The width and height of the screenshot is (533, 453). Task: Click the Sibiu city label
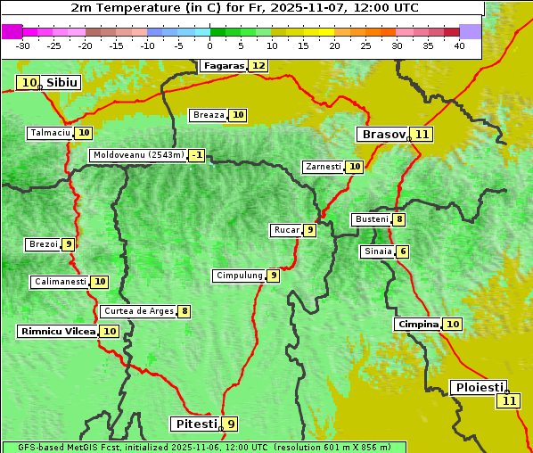pyautogui.click(x=62, y=83)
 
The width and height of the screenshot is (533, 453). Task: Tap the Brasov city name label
pyautogui.click(x=382, y=135)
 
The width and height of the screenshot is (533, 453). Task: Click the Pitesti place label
pyautogui.click(x=194, y=424)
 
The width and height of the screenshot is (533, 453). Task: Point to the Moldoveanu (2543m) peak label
pyautogui.click(x=138, y=155)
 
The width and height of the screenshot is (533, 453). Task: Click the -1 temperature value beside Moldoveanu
pyautogui.click(x=196, y=155)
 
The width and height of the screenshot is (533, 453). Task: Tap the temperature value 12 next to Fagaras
pyautogui.click(x=258, y=65)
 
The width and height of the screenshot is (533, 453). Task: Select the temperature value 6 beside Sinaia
pyautogui.click(x=403, y=251)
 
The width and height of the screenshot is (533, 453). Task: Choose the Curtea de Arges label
pyautogui.click(x=137, y=311)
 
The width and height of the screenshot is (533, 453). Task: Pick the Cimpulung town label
pyautogui.click(x=239, y=276)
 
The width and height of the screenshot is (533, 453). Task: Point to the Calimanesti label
pyautogui.click(x=60, y=282)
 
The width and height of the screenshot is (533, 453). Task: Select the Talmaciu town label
pyautogui.click(x=50, y=133)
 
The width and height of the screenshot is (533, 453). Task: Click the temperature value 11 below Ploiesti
pyautogui.click(x=508, y=401)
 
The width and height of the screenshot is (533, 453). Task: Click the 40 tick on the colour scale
pyautogui.click(x=459, y=45)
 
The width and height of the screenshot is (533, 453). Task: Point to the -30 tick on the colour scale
pyautogui.click(x=23, y=45)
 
